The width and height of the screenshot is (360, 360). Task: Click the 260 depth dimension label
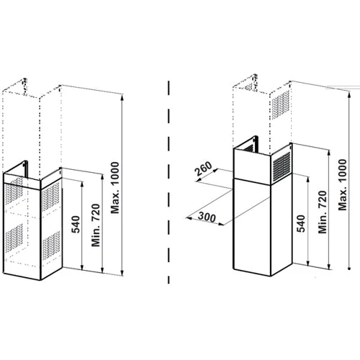tap(203, 168)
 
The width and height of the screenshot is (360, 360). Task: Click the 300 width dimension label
tap(207, 217)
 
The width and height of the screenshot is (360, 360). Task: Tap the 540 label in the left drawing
tap(76, 225)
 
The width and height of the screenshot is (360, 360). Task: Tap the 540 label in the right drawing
tap(300, 224)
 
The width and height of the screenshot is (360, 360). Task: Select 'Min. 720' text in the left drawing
tap(96, 225)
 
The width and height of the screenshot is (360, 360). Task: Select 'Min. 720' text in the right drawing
tap(323, 212)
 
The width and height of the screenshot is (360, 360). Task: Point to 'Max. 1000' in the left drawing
tap(115, 188)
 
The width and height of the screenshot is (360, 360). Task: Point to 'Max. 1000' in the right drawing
tap(343, 185)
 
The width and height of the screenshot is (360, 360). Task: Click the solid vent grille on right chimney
tap(282, 166)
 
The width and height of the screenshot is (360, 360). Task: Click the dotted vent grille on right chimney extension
tap(280, 105)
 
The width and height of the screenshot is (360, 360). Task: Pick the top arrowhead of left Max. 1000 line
tap(122, 97)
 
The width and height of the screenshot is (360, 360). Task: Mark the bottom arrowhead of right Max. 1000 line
tap(349, 267)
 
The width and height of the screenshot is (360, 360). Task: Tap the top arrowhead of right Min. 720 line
tap(329, 152)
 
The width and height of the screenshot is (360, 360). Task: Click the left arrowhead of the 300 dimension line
tap(189, 218)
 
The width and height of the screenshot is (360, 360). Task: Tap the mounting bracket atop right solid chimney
tap(255, 143)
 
